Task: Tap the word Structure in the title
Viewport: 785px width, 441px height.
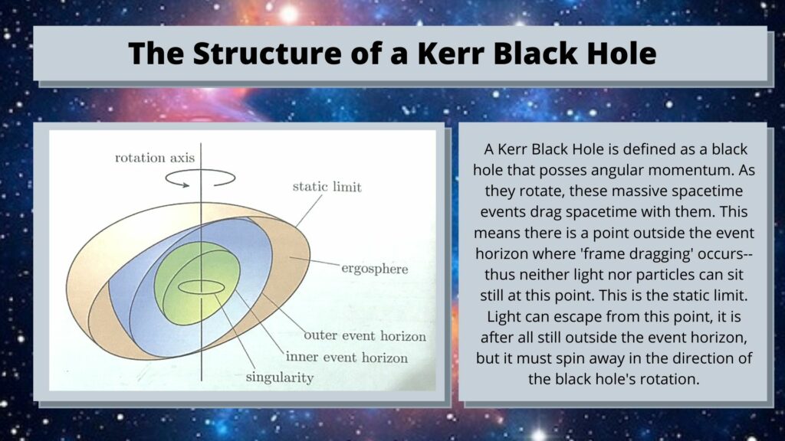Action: (268, 53)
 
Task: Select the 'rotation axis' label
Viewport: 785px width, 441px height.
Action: (155, 158)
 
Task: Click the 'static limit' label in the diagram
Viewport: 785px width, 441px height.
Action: (327, 187)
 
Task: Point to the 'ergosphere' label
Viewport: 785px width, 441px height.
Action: (374, 269)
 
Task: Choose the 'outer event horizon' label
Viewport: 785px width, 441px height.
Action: (365, 335)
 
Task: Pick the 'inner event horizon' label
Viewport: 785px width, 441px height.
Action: (347, 358)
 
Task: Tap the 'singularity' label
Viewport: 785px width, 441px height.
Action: (279, 377)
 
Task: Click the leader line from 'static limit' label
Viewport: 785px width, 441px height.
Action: (310, 211)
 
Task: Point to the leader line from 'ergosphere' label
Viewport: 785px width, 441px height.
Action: (314, 262)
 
